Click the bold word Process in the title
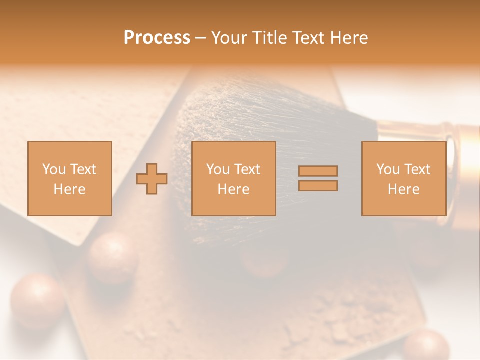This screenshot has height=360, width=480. [x=157, y=38]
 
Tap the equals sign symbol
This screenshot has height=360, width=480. [x=318, y=178]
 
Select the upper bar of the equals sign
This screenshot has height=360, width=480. [x=318, y=171]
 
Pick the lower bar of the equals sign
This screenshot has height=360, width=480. [x=318, y=185]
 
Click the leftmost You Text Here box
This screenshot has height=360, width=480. [x=70, y=178]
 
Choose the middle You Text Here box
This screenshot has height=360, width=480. [x=234, y=178]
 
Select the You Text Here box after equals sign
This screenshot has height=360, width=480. [x=404, y=178]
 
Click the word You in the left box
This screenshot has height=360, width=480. [x=53, y=169]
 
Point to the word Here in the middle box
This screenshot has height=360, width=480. [x=234, y=189]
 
